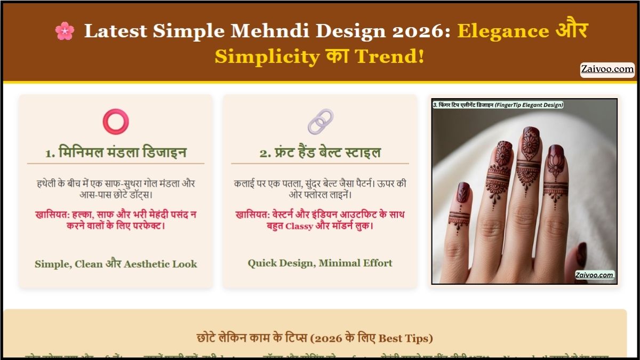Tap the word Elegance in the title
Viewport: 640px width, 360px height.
point(503,31)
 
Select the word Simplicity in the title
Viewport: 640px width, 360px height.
point(267,56)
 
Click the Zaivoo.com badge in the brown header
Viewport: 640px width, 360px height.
point(607,69)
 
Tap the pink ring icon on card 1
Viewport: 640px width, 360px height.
point(116,121)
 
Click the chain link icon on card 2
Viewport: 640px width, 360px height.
point(320,122)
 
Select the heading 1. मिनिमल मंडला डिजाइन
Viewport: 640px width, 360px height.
point(116,153)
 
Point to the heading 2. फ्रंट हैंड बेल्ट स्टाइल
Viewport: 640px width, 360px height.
point(320,153)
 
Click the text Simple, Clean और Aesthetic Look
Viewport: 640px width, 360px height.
point(116,264)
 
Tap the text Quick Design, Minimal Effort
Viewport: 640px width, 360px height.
point(320,263)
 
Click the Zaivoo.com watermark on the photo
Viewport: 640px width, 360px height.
point(594,275)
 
